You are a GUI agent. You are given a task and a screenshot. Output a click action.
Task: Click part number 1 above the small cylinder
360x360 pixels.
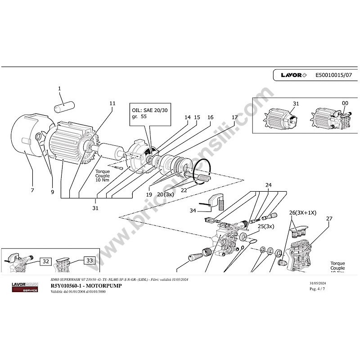coord(59,89)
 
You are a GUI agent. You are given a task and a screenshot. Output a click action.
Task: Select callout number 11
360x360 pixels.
coord(112,103)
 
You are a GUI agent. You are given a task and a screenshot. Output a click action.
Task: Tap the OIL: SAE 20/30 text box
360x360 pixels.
coord(150,112)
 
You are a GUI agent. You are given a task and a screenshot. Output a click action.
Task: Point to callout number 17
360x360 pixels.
coord(234,117)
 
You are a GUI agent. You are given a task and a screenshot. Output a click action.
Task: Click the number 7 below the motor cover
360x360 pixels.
coord(32,191)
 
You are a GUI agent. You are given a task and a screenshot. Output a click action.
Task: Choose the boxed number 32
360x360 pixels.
coord(46,261)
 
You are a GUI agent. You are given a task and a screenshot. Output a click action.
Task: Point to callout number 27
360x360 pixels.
coord(329,219)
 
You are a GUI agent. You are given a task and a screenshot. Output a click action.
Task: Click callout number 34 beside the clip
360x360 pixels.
coord(192,210)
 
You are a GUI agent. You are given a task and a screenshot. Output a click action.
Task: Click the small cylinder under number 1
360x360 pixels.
coord(64,108)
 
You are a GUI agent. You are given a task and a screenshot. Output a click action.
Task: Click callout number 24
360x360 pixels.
coord(268,185)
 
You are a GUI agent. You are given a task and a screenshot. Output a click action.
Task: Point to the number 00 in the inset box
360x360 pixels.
coord(345,103)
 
